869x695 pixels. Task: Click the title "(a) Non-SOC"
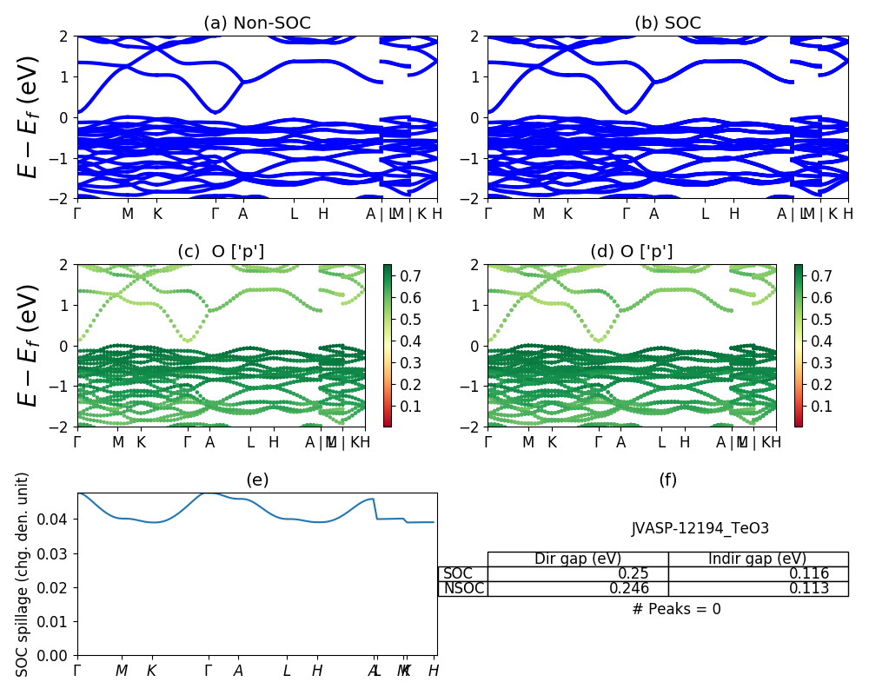(x=256, y=23)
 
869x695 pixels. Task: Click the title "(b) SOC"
(x=667, y=23)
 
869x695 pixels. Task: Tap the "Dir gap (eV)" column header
(x=578, y=559)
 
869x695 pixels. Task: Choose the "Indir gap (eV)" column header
(x=758, y=559)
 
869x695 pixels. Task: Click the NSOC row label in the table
(x=462, y=588)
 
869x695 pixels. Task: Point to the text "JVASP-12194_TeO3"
(x=700, y=528)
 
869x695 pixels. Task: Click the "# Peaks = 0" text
(x=676, y=609)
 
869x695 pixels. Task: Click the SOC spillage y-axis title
(x=23, y=574)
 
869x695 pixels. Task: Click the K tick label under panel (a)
(x=157, y=214)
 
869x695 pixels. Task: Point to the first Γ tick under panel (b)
(x=488, y=214)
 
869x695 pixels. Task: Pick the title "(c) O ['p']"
(x=221, y=252)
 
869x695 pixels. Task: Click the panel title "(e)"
(x=257, y=480)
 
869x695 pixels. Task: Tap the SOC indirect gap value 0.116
(x=812, y=573)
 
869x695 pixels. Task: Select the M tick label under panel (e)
(x=122, y=671)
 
